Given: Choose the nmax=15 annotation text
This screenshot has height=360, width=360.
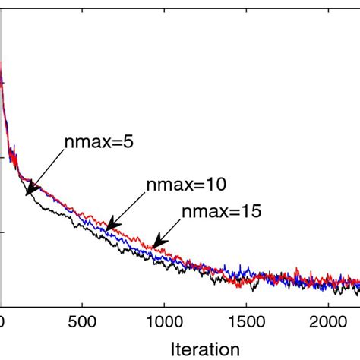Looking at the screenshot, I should [x=220, y=211].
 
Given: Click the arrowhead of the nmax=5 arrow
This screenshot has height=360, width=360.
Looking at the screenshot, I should [x=27, y=193].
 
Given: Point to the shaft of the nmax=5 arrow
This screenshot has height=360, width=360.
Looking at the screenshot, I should [x=46, y=171].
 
